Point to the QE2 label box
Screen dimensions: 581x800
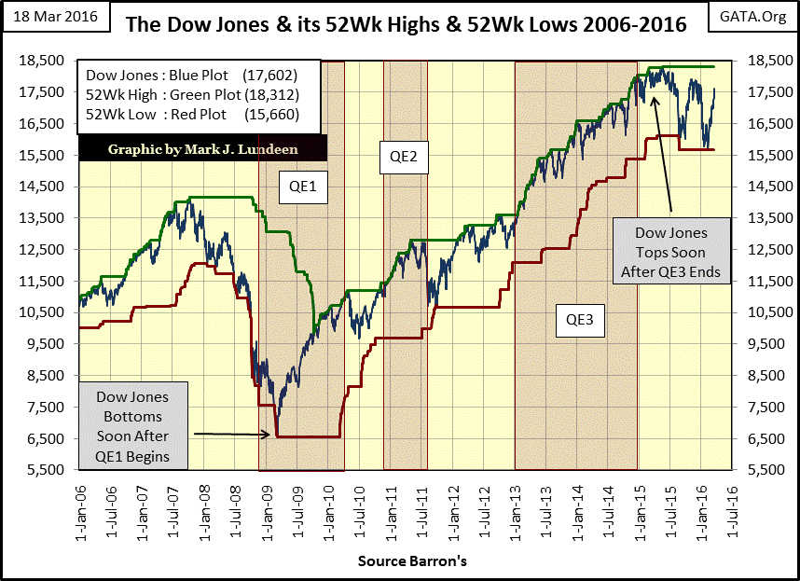point(404,158)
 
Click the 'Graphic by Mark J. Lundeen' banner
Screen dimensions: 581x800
point(202,148)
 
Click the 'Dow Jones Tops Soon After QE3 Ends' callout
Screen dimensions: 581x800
point(670,251)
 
